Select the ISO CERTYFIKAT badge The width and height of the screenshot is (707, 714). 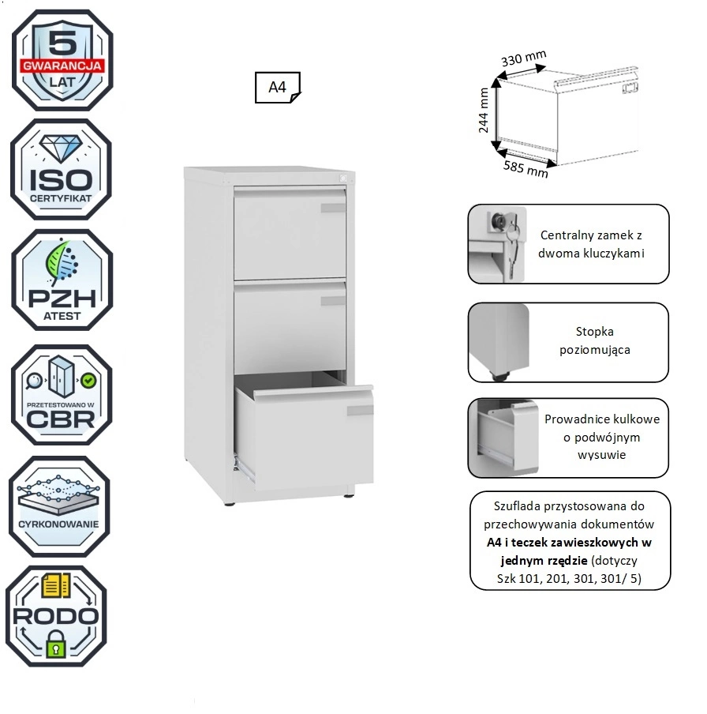(61, 169)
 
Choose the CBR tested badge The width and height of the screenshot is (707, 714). (61, 395)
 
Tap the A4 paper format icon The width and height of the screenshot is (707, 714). (278, 88)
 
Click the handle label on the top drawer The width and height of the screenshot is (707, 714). (333, 208)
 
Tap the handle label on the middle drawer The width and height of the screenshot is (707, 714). (333, 300)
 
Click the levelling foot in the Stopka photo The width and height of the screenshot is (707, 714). (498, 374)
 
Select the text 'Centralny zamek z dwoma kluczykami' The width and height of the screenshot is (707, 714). (591, 244)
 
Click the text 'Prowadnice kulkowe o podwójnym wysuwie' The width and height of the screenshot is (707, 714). (602, 437)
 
